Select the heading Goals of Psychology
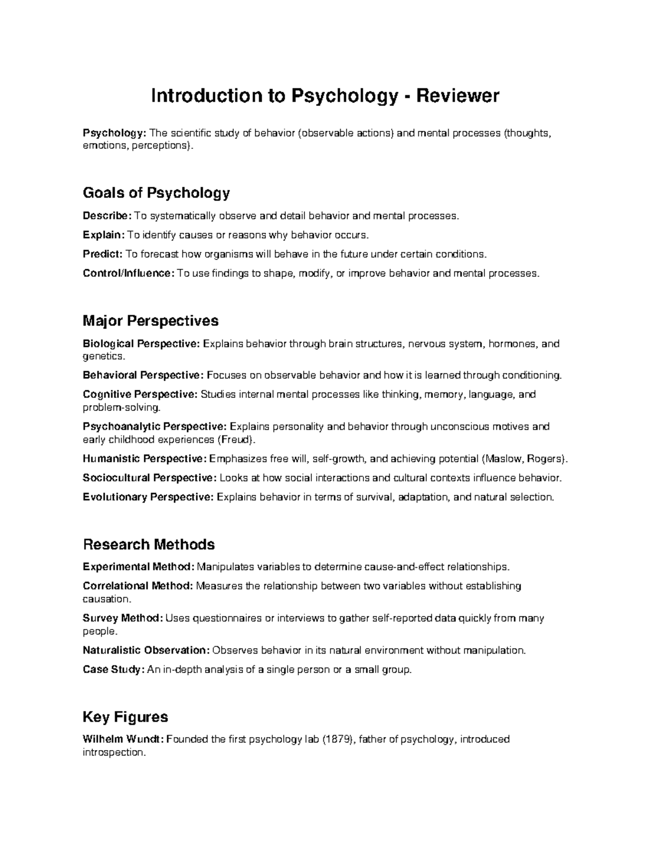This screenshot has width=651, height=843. pos(156,193)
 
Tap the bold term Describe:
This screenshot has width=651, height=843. pos(107,216)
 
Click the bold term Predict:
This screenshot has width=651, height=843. pos(103,254)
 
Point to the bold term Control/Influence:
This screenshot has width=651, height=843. pos(129,273)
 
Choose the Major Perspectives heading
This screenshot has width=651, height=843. pos(150,321)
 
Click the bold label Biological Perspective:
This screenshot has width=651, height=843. pos(142,344)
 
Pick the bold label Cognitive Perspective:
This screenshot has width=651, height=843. pos(140,394)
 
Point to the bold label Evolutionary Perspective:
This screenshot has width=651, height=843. pos(148,497)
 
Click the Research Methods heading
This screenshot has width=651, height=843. pos(149,544)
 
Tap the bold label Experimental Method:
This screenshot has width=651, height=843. pos(138,567)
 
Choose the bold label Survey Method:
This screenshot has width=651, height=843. pos(123,618)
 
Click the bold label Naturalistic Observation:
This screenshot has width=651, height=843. pos(146,650)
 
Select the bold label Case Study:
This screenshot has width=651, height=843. pos(114,669)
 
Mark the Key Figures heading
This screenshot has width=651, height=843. pos(125,717)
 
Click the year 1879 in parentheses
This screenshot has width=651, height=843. pos(337,739)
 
